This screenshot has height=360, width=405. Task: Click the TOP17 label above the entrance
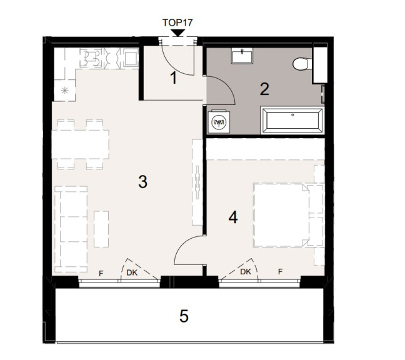pos(177,22)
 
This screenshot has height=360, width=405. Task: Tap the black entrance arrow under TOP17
pos(177,33)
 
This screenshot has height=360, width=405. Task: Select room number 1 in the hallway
pos(174,78)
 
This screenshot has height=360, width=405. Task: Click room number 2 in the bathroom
pos(264,89)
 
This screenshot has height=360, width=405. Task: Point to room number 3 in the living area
pos(143,181)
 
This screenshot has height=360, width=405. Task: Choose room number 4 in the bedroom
pos(233,217)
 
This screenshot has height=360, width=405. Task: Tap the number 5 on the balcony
pos(184,316)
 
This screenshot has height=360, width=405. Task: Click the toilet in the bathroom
pos(302,64)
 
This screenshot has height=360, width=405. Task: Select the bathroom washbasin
pos(242,56)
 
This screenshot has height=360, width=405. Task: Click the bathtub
pos(292,121)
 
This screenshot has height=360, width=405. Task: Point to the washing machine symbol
pos(219,122)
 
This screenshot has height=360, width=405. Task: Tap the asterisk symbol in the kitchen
pos(64,91)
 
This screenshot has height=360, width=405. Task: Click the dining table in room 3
pos(81,144)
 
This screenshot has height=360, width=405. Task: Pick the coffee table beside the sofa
pos(101,229)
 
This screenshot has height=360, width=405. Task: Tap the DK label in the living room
pos(132,272)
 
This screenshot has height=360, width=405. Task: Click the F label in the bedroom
pos(280,272)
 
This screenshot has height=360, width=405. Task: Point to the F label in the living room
pos(101,274)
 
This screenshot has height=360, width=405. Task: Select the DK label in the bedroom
pos(246,272)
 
